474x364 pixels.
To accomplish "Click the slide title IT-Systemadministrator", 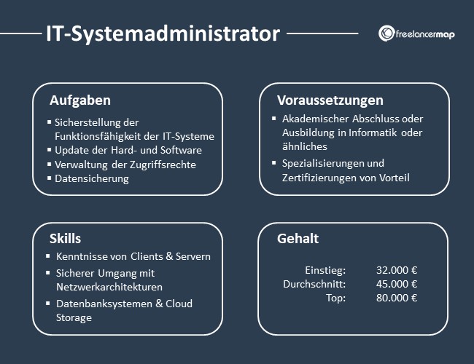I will tap(162, 33).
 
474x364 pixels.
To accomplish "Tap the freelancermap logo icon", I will tap(387, 33).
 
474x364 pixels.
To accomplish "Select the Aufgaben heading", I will tap(80, 100).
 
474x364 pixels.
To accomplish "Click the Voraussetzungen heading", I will tap(330, 100).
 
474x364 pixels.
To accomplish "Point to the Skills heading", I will tap(65, 238).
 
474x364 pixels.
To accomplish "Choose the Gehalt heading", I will tap(298, 238).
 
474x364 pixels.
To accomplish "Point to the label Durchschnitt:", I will tap(314, 284).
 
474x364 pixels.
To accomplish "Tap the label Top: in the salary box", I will tap(335, 298).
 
